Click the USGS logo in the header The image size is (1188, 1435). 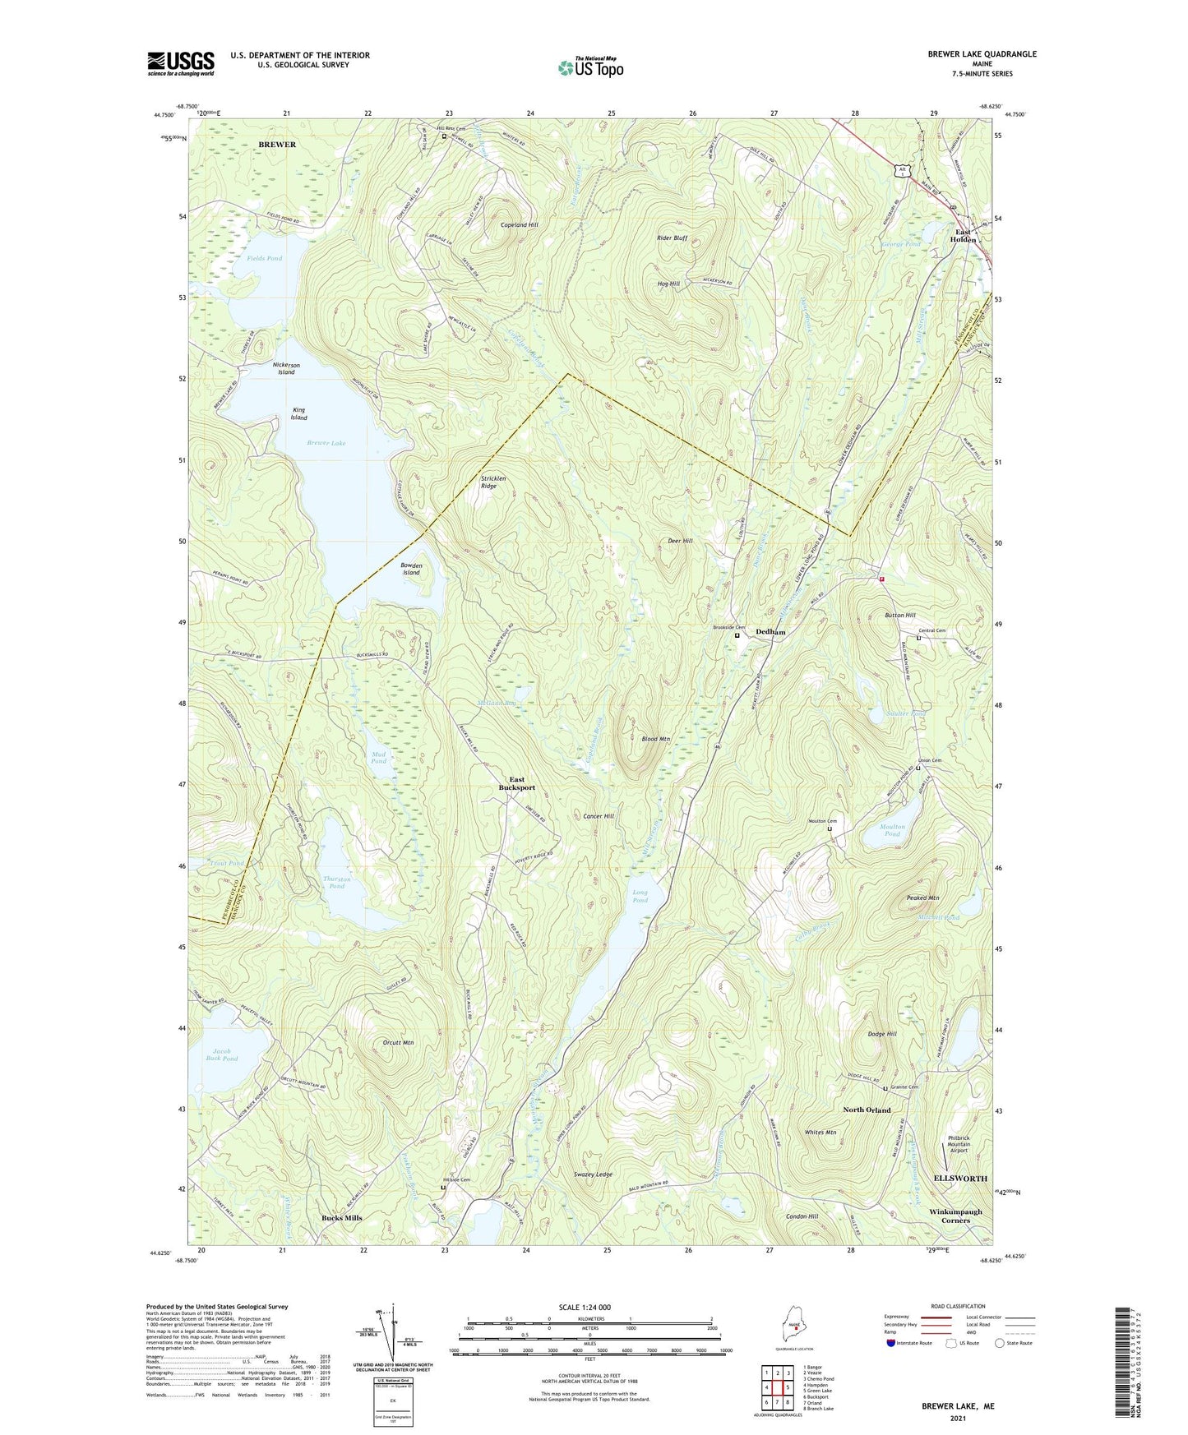pyautogui.click(x=181, y=63)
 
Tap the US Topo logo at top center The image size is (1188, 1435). pyautogui.click(x=590, y=67)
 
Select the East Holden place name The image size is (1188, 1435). pyautogui.click(x=963, y=235)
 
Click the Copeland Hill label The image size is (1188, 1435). pyautogui.click(x=519, y=224)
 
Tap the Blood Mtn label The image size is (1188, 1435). pyautogui.click(x=655, y=739)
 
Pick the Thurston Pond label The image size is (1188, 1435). pyautogui.click(x=336, y=883)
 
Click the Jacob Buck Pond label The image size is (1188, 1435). pyautogui.click(x=224, y=1054)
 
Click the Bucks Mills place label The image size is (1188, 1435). pyautogui.click(x=341, y=1218)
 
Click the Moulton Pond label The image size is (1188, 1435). pyautogui.click(x=892, y=830)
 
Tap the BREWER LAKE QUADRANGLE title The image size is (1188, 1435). pyautogui.click(x=982, y=54)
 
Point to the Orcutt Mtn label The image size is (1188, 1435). pyautogui.click(x=398, y=1043)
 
